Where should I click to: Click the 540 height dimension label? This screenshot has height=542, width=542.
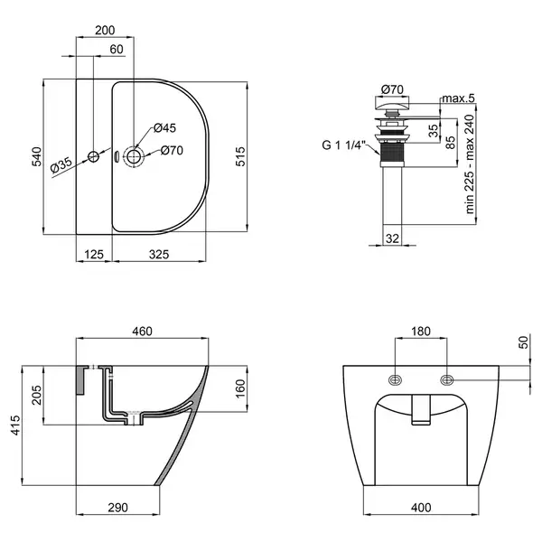click(37, 156)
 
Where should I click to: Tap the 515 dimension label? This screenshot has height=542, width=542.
click(240, 156)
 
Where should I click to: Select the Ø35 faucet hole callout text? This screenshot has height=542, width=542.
click(61, 165)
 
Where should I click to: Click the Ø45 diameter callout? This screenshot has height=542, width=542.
click(165, 128)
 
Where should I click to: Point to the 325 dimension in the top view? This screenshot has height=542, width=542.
click(159, 255)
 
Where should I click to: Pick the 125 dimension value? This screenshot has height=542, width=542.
click(94, 255)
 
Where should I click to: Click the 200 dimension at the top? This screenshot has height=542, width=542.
click(105, 31)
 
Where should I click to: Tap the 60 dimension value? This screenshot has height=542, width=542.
click(117, 50)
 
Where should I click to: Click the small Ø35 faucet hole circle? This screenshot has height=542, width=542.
click(93, 156)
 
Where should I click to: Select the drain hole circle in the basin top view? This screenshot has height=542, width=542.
click(133, 156)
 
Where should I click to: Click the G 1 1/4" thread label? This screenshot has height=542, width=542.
click(343, 145)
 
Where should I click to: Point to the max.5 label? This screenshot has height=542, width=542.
click(458, 98)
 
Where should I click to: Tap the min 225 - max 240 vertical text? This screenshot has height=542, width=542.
click(470, 164)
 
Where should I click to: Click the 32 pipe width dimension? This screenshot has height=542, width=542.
click(392, 238)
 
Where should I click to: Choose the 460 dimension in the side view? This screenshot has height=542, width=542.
click(142, 332)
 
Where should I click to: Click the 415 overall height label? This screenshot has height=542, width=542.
click(15, 425)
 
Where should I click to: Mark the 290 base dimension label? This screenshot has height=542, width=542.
click(117, 508)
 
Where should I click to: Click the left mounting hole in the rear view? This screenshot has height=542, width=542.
click(395, 380)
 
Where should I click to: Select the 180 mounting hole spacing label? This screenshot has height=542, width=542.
click(421, 332)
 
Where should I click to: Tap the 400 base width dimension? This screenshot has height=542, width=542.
click(421, 508)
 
